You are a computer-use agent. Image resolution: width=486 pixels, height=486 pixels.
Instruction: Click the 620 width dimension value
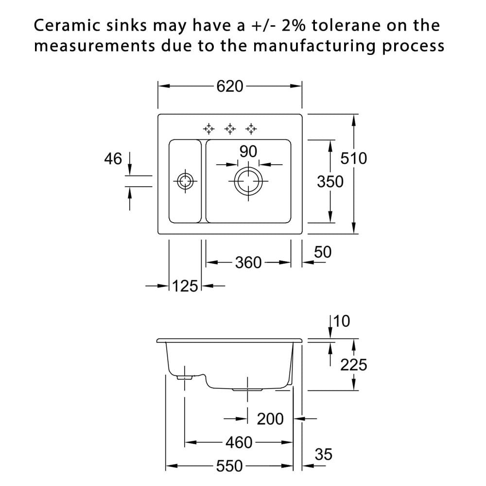[230, 87]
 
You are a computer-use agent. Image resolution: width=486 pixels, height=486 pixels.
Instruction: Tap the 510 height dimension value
[354, 158]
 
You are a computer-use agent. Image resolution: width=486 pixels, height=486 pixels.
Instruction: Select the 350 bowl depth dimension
[330, 182]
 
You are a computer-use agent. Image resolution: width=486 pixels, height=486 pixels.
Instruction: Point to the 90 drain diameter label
[248, 152]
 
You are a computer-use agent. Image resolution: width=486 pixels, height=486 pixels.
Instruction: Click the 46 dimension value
[113, 159]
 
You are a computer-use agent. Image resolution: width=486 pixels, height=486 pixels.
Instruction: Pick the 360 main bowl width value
[248, 263]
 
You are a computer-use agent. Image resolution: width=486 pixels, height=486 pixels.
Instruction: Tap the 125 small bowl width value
[185, 286]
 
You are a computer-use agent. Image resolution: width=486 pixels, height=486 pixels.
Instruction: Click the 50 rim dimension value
[323, 252]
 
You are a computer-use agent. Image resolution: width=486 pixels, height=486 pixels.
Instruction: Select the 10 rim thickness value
[342, 321]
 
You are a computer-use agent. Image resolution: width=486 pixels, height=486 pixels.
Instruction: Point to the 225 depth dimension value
[354, 365]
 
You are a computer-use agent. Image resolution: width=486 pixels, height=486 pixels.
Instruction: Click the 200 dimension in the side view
[270, 419]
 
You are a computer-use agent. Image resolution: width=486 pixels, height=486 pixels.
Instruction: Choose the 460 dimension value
[239, 443]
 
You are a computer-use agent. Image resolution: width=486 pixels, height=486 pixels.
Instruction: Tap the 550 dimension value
[229, 466]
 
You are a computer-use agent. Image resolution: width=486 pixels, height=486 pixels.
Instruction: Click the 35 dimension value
[324, 455]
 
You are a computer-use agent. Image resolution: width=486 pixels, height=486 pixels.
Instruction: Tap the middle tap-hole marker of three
[230, 128]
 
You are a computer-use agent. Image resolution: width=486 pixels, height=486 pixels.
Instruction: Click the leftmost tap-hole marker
[208, 128]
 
